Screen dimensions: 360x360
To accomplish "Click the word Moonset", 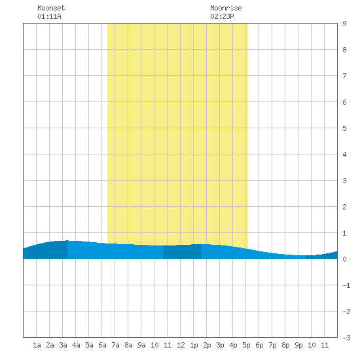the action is click(x=51, y=8).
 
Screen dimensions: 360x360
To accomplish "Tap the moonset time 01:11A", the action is click(x=49, y=16).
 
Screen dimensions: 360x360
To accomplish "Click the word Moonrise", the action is click(x=226, y=8).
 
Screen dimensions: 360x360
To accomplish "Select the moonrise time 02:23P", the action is click(x=223, y=16).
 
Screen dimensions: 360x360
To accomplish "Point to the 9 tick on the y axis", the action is click(x=344, y=24).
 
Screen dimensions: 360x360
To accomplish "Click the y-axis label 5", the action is click(x=344, y=128).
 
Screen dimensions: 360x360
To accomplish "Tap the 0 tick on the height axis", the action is click(x=344, y=259).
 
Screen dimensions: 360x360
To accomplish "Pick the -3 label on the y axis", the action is click(x=346, y=338).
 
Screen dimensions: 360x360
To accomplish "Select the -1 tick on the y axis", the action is click(x=346, y=285).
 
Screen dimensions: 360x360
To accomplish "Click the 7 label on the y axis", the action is click(x=344, y=76).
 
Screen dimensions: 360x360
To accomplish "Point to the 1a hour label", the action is click(x=37, y=345).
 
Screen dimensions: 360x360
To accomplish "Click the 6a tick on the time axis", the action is click(x=102, y=345).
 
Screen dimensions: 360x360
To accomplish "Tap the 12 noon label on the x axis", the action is click(x=181, y=345).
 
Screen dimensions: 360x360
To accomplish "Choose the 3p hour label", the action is click(x=220, y=345).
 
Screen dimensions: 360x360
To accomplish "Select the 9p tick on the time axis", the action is click(x=298, y=345).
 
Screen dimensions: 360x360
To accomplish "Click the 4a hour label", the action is click(x=76, y=345).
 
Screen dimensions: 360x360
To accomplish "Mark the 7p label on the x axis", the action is click(x=272, y=345).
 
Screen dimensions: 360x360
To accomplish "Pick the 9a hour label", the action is click(x=141, y=345).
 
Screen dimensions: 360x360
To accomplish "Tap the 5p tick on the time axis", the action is click(x=246, y=345).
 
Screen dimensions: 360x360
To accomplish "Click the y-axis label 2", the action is click(x=344, y=207).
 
